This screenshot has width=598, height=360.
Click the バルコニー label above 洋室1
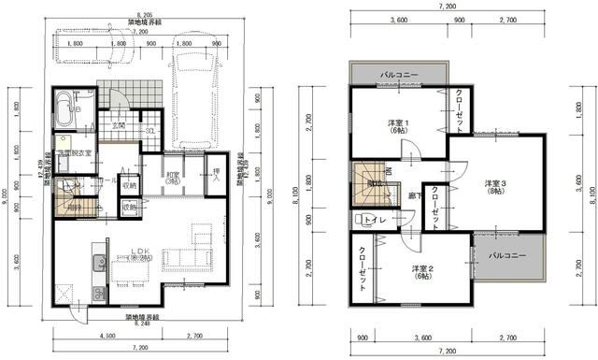[398, 73]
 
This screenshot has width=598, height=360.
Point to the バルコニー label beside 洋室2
[505, 255]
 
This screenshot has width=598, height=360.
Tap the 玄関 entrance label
[121, 125]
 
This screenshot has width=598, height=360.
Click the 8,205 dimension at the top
[142, 16]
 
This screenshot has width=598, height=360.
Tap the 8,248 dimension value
[142, 324]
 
